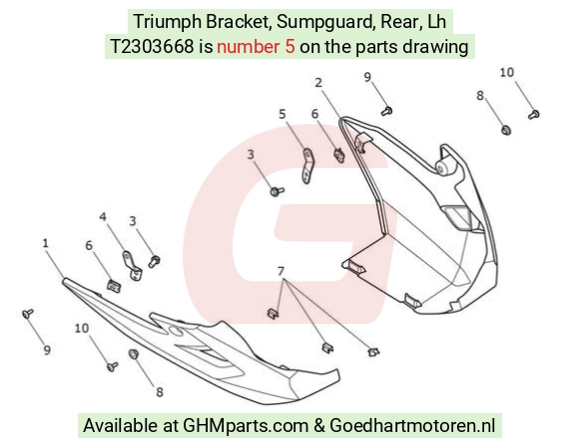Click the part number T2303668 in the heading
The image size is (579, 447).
point(152,47)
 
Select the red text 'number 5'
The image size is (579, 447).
point(256,47)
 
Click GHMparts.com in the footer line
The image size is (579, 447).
point(246,426)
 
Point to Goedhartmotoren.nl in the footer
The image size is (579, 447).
point(412,426)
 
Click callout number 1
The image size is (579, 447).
point(45,243)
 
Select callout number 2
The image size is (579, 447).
point(318,83)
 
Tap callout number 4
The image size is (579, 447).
point(103,217)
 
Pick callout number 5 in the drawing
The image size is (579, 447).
point(283,114)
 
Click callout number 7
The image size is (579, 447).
point(281,271)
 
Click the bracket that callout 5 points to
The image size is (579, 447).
point(307,166)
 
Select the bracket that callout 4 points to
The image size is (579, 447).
point(132,266)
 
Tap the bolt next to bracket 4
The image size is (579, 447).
point(154,262)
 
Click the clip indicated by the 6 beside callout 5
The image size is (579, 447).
point(339,155)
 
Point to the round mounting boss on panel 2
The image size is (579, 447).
point(441,168)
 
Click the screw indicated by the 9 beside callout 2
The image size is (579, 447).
point(386,111)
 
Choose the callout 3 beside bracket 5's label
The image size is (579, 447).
point(251,155)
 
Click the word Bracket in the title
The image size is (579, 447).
point(239,21)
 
